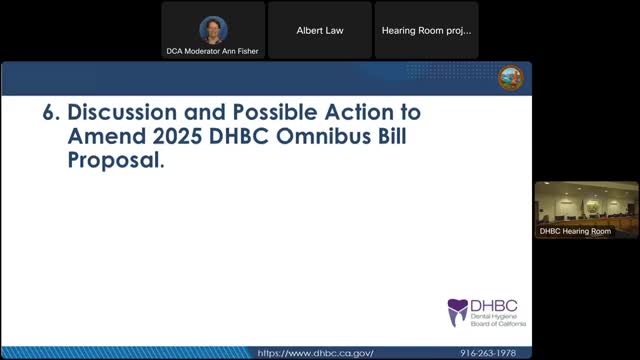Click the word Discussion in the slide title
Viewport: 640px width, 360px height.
click(122, 112)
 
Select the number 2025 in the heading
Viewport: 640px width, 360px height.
click(177, 136)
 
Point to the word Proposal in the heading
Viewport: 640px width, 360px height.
click(116, 160)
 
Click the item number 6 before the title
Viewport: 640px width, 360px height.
click(51, 112)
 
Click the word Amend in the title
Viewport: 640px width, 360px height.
click(107, 136)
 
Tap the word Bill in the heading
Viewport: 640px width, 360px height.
click(392, 136)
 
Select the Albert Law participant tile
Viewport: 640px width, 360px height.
click(320, 30)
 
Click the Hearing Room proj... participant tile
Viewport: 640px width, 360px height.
click(427, 30)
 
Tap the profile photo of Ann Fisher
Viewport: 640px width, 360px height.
click(213, 30)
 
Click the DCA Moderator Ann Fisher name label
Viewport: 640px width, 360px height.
click(212, 51)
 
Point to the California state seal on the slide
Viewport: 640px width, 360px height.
click(511, 78)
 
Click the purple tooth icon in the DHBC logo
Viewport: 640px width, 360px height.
click(458, 312)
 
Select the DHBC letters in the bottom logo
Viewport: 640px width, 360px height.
click(494, 306)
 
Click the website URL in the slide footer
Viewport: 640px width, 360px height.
click(315, 353)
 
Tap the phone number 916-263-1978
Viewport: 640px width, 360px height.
click(488, 353)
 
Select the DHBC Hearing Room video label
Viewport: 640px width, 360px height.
click(575, 231)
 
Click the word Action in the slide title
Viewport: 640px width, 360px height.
click(359, 112)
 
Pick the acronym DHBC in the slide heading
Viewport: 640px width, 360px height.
click(239, 136)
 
